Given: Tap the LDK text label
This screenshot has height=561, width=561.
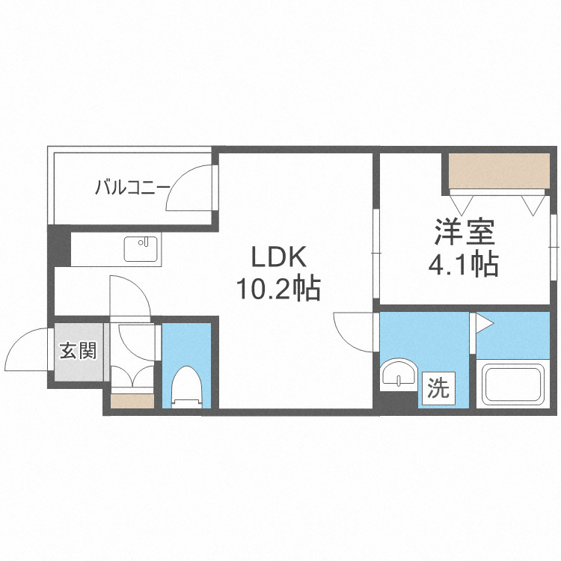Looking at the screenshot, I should tap(278, 258).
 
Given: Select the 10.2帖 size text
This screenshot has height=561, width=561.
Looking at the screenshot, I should tap(278, 287).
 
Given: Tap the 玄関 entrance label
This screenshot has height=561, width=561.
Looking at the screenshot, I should tap(78, 350).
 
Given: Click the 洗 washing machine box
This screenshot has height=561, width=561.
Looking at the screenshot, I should tap(438, 388).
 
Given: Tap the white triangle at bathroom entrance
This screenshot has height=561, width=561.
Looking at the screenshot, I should tap(483, 323).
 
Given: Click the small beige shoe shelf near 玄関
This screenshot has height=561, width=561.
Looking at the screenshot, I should tap(132, 401).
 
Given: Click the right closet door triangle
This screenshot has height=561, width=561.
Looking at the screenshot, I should tap(533, 204).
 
